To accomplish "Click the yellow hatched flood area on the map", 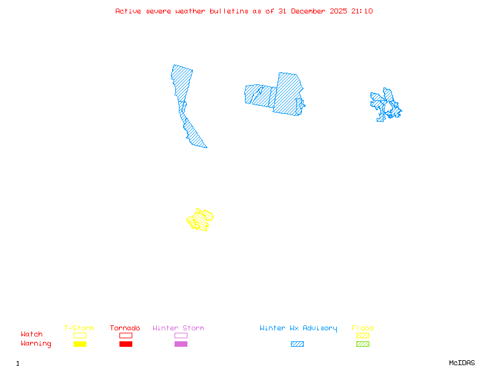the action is coord(200,219).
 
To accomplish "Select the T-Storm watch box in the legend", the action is coord(80,335).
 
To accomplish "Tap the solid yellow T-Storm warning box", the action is coord(80,344).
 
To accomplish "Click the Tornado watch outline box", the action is coord(126,335).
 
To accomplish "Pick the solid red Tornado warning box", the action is coord(126,344).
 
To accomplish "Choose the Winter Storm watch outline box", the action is coord(181,335).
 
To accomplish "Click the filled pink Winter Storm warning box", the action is coord(181,344).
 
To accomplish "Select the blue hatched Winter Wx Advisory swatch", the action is coord(297,344).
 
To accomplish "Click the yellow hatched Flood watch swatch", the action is coord(363,335).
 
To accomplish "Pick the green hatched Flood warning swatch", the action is coord(363,344).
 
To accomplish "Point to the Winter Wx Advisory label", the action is coord(298,328).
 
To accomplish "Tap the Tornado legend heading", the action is coord(125,328).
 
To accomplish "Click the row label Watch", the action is coord(32,335).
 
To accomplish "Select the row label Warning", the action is coord(36,344).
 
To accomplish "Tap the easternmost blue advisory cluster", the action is coord(386,105).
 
